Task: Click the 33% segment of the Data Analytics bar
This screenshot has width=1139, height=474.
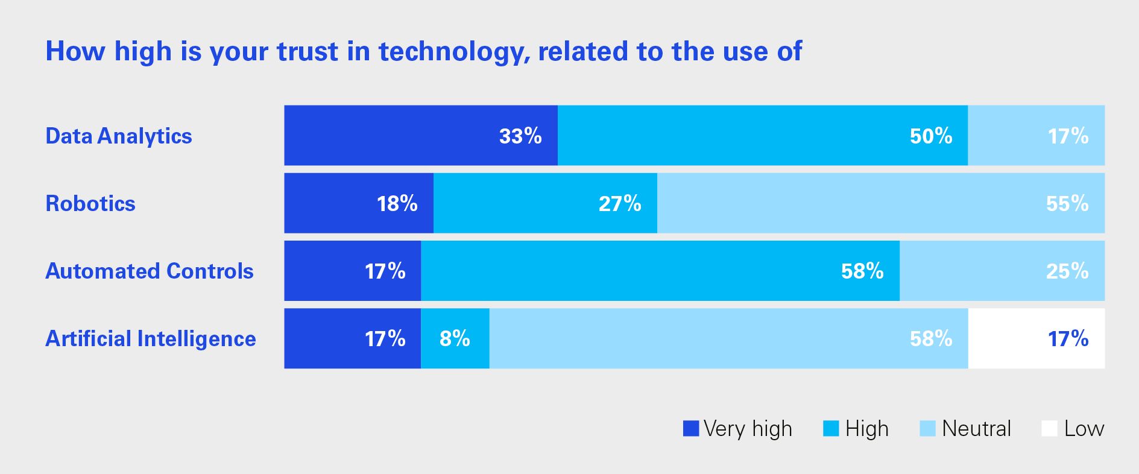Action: tap(421, 136)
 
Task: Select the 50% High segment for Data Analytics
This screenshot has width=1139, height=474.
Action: tap(762, 136)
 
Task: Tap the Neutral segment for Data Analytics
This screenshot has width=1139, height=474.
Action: tap(1036, 136)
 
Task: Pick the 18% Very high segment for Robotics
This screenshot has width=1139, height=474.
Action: tap(359, 203)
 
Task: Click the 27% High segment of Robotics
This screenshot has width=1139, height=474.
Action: tap(545, 203)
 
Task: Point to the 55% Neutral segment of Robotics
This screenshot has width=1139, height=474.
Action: tap(880, 203)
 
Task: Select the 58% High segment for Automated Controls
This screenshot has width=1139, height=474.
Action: tap(660, 271)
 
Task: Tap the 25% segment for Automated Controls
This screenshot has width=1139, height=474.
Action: tap(1002, 271)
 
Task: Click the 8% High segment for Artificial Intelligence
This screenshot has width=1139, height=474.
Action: tap(455, 338)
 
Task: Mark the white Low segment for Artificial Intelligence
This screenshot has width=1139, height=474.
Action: tap(1036, 338)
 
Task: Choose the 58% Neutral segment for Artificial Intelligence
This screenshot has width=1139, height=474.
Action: tap(728, 338)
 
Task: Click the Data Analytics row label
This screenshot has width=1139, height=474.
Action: tap(119, 136)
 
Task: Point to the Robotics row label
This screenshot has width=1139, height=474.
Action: tap(90, 204)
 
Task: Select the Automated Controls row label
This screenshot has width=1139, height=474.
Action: tap(150, 271)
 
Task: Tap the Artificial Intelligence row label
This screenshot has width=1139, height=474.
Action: tap(151, 339)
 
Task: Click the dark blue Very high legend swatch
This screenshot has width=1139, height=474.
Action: tap(690, 429)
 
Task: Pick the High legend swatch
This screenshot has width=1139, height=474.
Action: tap(831, 429)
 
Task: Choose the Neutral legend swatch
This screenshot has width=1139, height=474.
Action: tap(927, 429)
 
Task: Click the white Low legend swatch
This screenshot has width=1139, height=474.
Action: tap(1049, 429)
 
